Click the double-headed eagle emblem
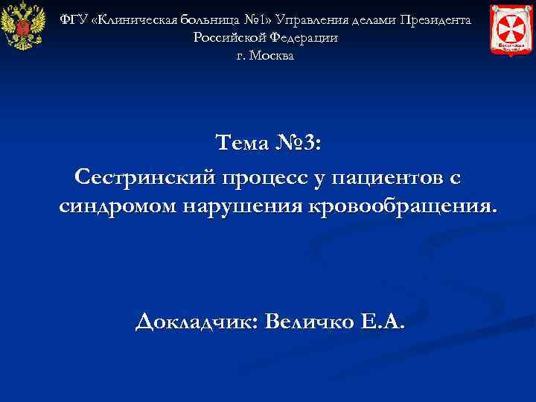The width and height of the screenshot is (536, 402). pyautogui.click(x=19, y=28)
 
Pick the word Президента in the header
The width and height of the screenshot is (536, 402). pyautogui.click(x=435, y=19)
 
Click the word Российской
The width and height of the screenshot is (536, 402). pyautogui.click(x=229, y=37)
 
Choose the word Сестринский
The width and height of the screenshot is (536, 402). pyautogui.click(x=145, y=177)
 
